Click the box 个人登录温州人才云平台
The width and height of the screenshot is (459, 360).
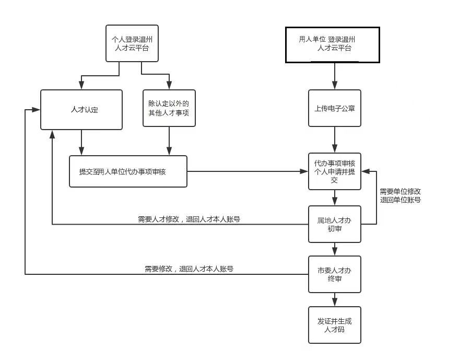pyautogui.click(x=132, y=43)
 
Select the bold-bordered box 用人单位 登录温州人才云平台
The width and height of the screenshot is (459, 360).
pyautogui.click(x=332, y=44)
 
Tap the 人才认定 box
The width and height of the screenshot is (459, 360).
pyautogui.click(x=81, y=110)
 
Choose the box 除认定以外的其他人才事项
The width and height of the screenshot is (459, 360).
pyautogui.click(x=169, y=108)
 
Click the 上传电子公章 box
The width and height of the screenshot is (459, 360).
pyautogui.click(x=334, y=108)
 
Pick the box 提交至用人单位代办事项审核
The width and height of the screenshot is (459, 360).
pyautogui.click(x=128, y=171)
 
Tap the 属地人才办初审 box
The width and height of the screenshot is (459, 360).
pyautogui.click(x=334, y=224)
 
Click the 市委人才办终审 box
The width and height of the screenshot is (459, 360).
pyautogui.click(x=334, y=274)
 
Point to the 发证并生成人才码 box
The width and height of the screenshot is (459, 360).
pyautogui.click(x=334, y=325)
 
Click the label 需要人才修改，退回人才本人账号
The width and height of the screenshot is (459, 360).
pyautogui.click(x=189, y=219)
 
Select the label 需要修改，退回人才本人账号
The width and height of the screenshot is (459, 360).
pyautogui.click(x=189, y=269)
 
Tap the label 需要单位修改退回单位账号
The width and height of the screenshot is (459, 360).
pyautogui.click(x=400, y=195)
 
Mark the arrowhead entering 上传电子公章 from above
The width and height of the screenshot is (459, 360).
pyautogui.click(x=335, y=86)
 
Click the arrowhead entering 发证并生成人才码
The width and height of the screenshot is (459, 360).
pyautogui.click(x=335, y=303)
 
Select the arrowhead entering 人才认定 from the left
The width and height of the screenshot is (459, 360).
pyautogui.click(x=36, y=110)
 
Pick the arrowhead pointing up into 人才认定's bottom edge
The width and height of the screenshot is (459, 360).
pyautogui.click(x=52, y=134)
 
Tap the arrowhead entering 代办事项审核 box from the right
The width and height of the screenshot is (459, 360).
pyautogui.click(x=365, y=171)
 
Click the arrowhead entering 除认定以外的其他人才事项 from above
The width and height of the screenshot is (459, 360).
pyautogui.click(x=169, y=86)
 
